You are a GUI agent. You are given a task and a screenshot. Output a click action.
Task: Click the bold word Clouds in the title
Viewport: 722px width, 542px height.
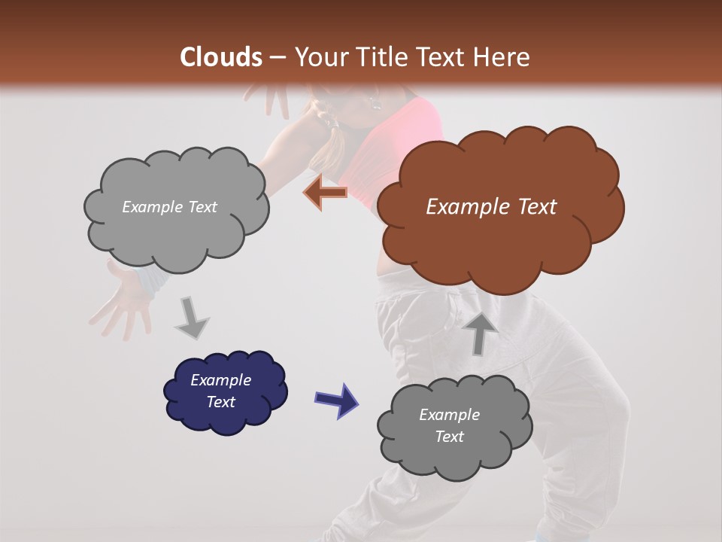pyautogui.click(x=222, y=57)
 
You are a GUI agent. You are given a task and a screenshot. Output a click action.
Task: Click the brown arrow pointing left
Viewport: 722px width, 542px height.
pyautogui.click(x=325, y=193)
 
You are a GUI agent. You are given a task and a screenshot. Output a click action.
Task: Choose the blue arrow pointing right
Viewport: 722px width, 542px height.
pyautogui.click(x=337, y=399)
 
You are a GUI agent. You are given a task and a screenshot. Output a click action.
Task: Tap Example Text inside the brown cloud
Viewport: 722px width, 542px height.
pyautogui.click(x=491, y=206)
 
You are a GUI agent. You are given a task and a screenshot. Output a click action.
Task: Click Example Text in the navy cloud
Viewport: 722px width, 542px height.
pyautogui.click(x=220, y=391)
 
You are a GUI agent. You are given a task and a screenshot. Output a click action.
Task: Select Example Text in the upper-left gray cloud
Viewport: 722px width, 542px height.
pyautogui.click(x=169, y=206)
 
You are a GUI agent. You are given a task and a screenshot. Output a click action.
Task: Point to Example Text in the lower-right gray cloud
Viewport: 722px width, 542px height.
pyautogui.click(x=449, y=425)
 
